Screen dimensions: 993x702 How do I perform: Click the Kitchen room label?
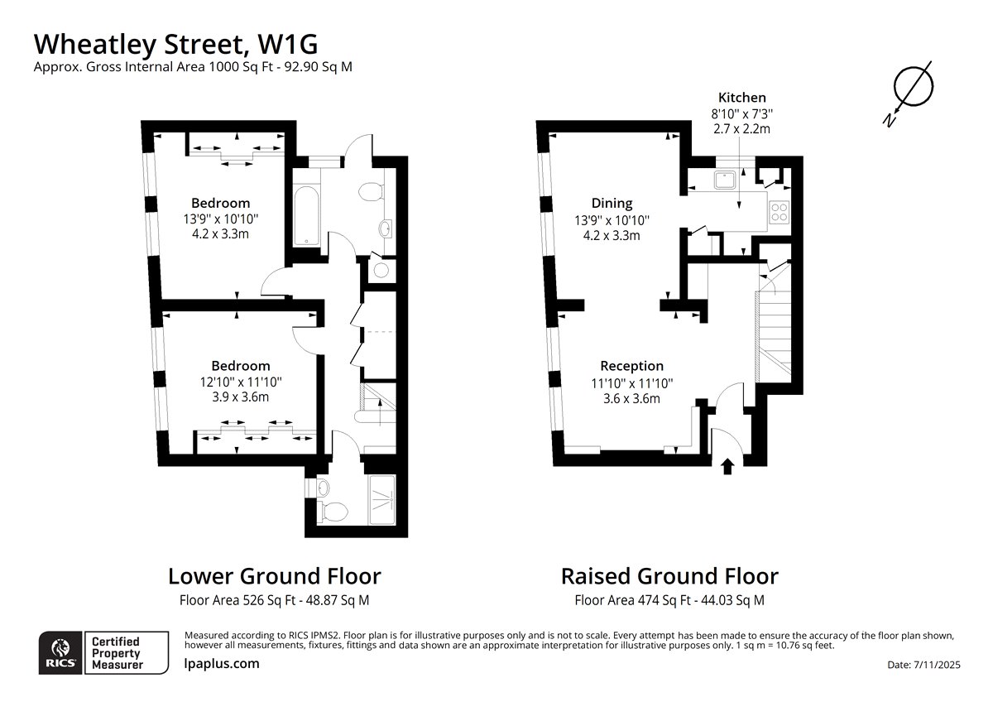741,98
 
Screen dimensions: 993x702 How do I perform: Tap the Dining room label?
612,203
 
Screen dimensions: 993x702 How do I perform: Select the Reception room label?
631,366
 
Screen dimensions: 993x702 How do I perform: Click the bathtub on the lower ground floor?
306,215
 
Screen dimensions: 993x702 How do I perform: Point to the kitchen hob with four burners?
780,213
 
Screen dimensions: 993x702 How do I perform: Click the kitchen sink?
724,180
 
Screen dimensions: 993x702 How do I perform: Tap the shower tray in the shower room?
381,500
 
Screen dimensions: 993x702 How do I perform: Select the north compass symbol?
909,94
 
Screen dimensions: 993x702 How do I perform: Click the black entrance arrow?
727,466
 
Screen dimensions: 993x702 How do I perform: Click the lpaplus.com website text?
222,664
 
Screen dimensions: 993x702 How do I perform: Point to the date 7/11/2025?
937,665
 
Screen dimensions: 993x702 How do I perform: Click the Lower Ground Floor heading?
275,576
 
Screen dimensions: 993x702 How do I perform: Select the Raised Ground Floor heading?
669,576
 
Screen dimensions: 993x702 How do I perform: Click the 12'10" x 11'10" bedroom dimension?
241,382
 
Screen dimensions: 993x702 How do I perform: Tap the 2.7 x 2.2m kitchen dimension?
741,129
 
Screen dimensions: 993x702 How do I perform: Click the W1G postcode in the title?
288,45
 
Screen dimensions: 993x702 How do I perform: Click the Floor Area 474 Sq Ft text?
632,600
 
